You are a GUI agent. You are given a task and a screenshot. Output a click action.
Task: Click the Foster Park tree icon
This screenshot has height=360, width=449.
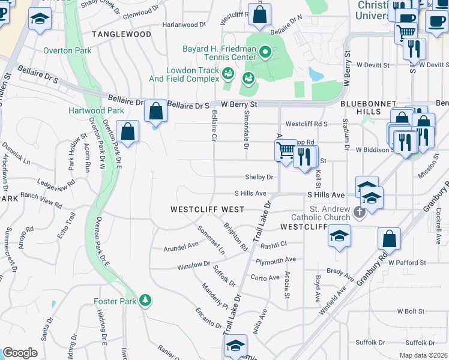(x=145, y=300)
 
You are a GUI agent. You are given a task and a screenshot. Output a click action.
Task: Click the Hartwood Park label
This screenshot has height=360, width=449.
(x=104, y=111)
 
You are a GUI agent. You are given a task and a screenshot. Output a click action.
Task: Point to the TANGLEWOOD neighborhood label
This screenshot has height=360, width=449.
(x=122, y=34)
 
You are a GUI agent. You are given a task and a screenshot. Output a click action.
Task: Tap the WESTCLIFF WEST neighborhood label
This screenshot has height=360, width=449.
(x=207, y=209)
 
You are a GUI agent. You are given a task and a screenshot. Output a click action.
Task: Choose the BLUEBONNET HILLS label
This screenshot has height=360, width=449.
(x=369, y=107)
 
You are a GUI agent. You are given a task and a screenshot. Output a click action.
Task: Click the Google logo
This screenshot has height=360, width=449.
(x=20, y=353)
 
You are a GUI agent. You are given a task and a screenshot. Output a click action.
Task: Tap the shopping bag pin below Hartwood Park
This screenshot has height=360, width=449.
(x=128, y=132)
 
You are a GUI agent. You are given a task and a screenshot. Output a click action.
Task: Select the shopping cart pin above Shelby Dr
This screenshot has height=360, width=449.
(x=286, y=150)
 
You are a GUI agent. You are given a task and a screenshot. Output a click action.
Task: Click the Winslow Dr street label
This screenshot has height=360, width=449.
(x=193, y=265)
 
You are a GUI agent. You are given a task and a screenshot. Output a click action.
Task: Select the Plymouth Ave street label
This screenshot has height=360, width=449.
(x=276, y=260)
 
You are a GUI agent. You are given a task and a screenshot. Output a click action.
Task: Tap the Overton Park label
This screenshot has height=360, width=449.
(x=67, y=51)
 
